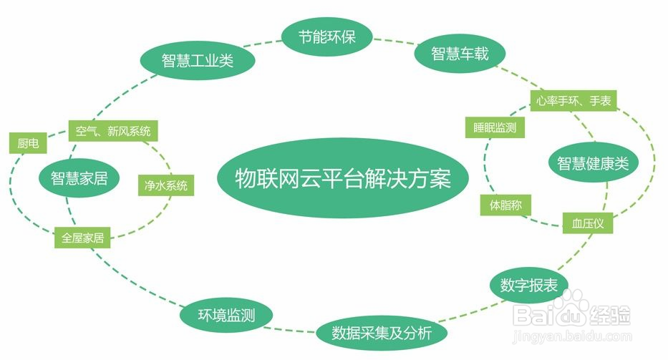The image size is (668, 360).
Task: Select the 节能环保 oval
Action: pyautogui.click(x=327, y=37)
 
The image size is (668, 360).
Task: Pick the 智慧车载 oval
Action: pyautogui.click(x=460, y=54)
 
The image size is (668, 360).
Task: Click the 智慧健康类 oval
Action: pyautogui.click(x=593, y=163)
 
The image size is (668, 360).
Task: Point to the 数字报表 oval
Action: pyautogui.click(x=529, y=285)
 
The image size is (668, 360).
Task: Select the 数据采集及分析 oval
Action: pyautogui.click(x=382, y=333)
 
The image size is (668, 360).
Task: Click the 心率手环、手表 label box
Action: pyautogui.click(x=573, y=102)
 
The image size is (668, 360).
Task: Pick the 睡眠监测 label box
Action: pyautogui.click(x=495, y=128)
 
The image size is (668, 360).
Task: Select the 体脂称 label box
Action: pyautogui.click(x=505, y=205)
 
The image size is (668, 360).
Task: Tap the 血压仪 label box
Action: pyautogui.click(x=589, y=223)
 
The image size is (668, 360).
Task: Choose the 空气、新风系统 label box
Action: pyautogui.click(x=113, y=131)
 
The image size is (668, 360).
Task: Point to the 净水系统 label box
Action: pyautogui.click(x=166, y=185)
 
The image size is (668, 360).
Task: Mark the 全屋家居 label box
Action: pyautogui.click(x=83, y=238)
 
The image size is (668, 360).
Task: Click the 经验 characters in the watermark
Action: pyautogui.click(x=610, y=313)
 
